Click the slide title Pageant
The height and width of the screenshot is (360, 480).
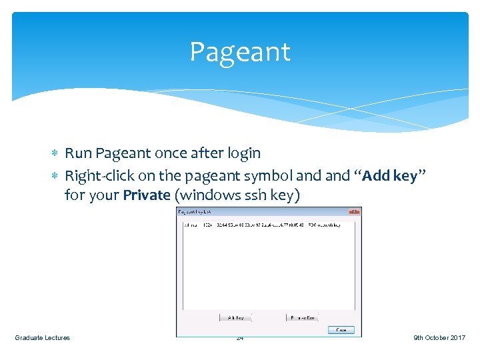pos(240,52)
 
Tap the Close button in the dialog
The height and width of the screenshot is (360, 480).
pos(341,330)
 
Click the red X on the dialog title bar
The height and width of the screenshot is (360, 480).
pos(355,211)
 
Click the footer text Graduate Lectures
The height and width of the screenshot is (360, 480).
pos(42,338)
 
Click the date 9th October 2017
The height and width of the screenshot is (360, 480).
pos(439,338)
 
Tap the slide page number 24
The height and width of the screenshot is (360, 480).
pos(240,338)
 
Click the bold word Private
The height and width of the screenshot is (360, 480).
pos(146,195)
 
